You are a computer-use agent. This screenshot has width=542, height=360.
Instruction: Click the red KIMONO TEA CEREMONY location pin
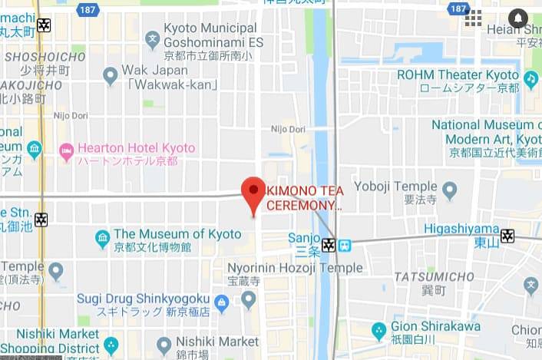(253, 192)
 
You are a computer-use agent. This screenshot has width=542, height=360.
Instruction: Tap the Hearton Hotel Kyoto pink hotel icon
(66, 150)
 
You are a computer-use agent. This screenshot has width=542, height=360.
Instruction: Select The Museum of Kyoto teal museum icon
(102, 239)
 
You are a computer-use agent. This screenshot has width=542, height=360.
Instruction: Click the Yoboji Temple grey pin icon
(450, 189)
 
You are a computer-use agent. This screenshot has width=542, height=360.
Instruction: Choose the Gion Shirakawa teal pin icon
(378, 330)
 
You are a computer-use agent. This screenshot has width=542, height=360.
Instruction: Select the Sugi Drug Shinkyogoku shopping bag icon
(222, 304)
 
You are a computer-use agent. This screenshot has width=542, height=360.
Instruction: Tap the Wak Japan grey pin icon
(110, 74)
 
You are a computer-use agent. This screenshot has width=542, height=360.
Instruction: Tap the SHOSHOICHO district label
(45, 57)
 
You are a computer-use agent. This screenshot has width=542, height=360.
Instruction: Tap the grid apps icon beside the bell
(473, 18)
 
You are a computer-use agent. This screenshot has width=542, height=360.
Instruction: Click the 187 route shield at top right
(459, 8)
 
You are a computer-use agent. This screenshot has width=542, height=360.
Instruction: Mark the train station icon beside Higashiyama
(507, 236)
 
